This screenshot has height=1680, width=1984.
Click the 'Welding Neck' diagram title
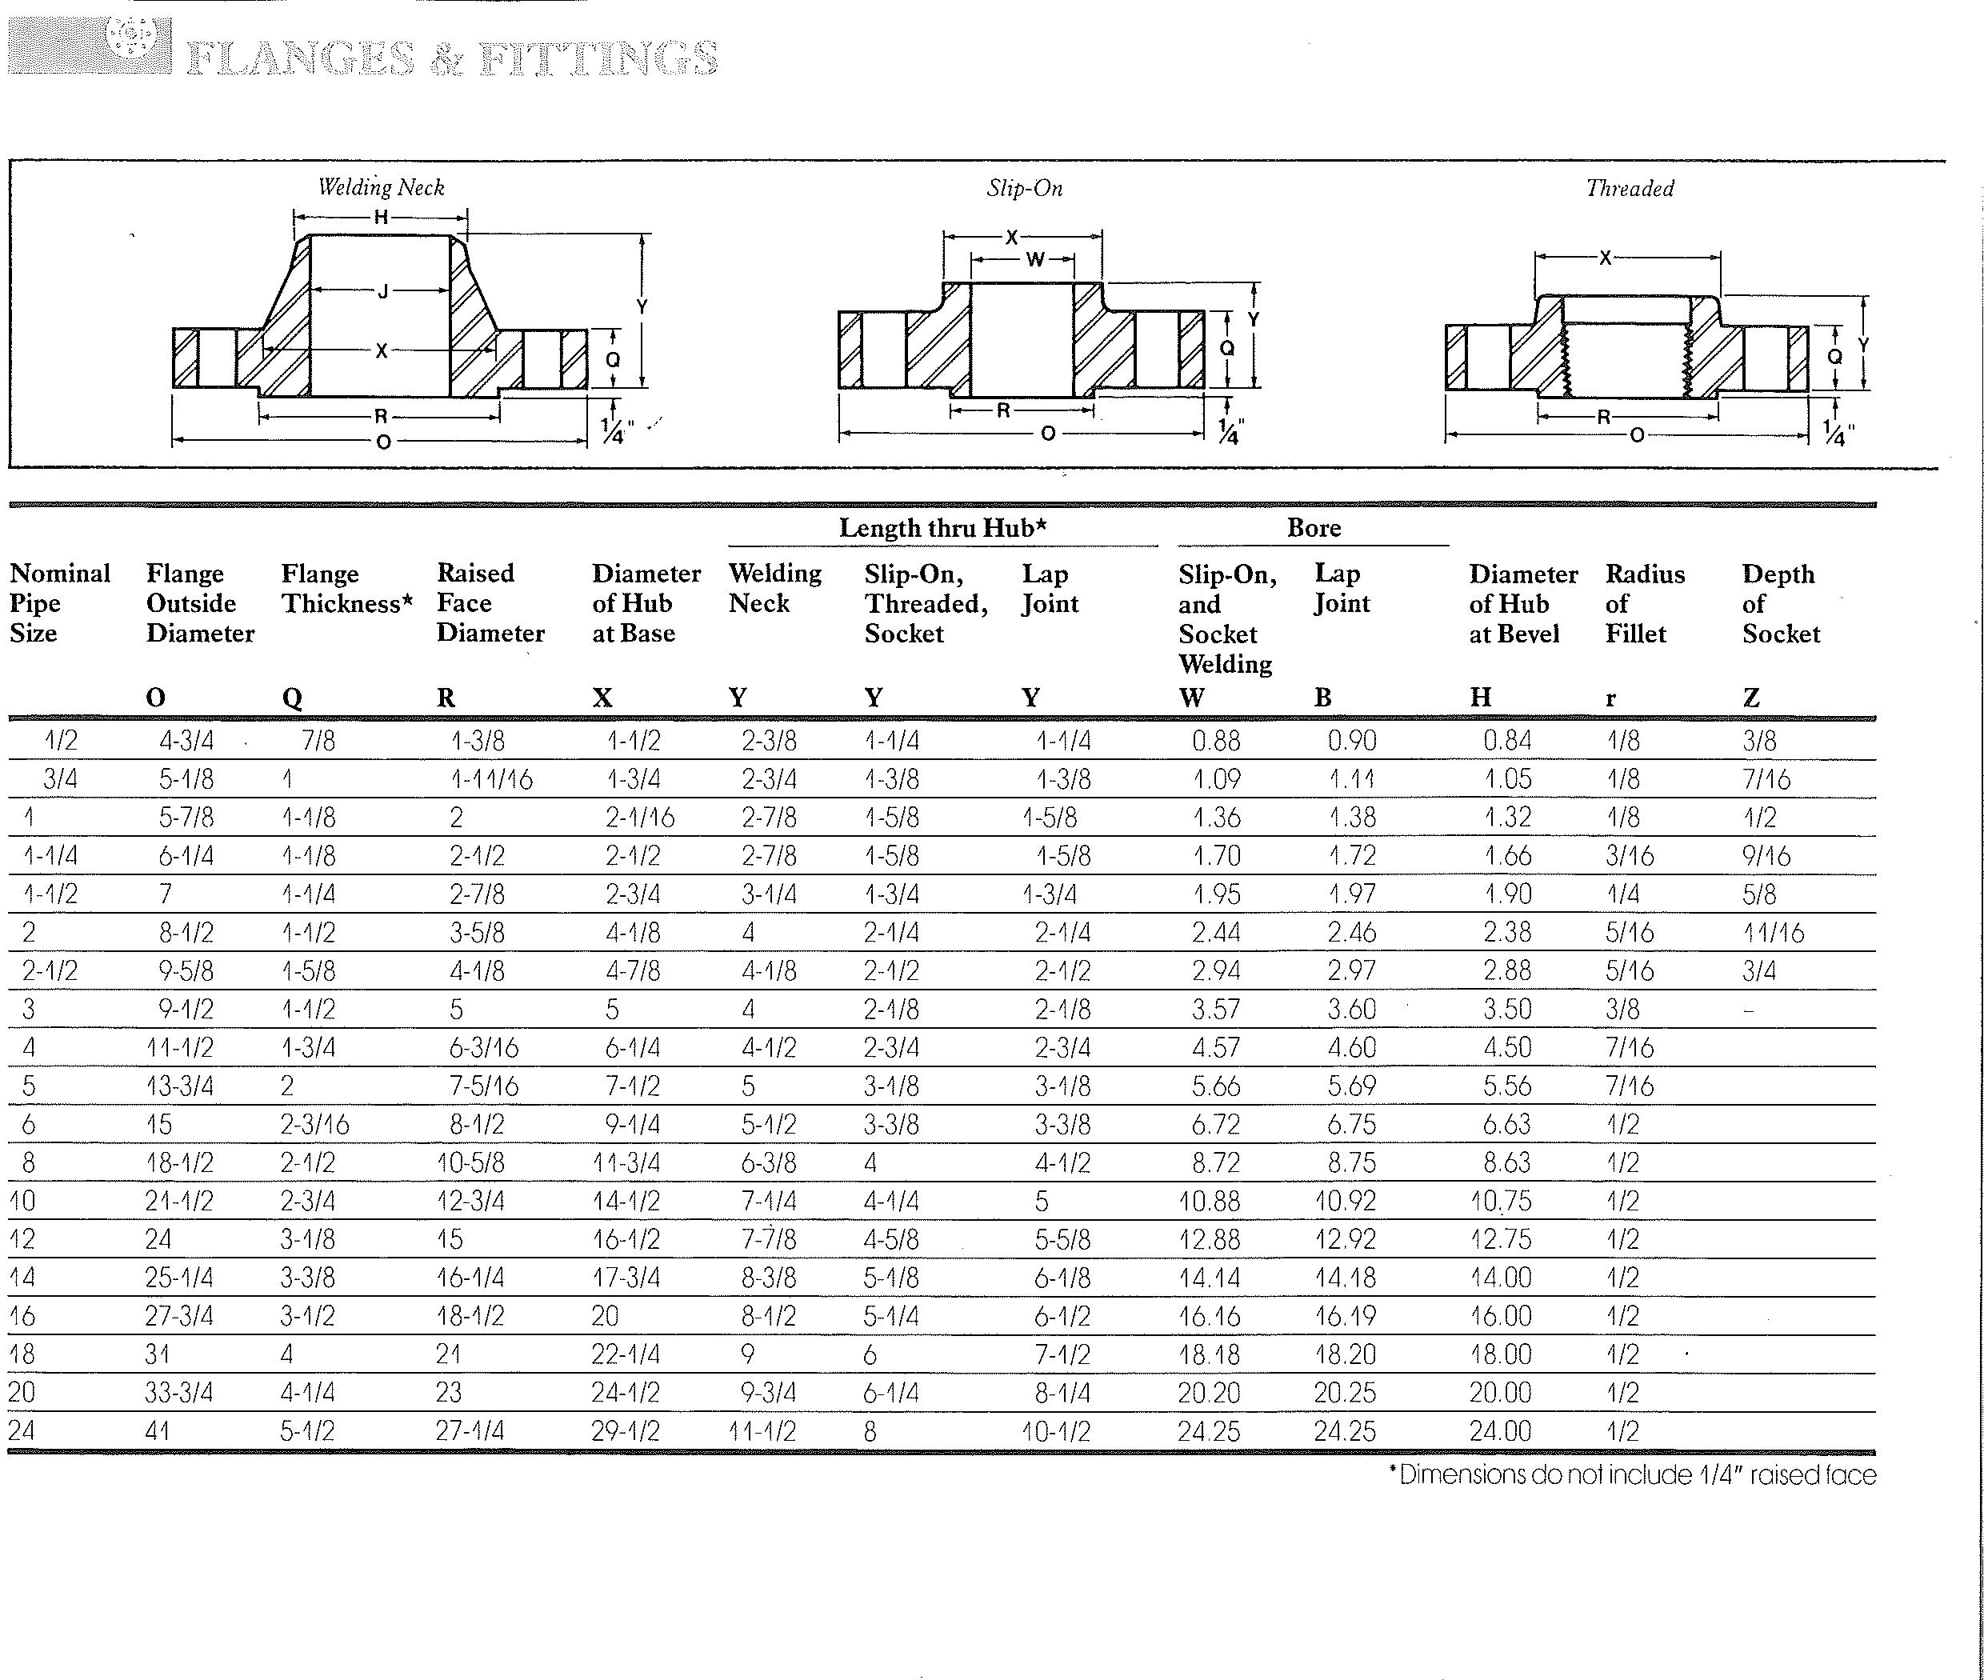click(381, 188)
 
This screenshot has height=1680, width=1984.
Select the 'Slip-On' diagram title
click(1024, 189)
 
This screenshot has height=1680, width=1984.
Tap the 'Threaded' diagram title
click(1629, 189)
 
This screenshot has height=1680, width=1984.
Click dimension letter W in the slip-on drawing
click(1035, 259)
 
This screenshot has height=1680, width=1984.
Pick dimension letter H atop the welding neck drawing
click(381, 217)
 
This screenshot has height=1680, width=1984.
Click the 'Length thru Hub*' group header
click(942, 528)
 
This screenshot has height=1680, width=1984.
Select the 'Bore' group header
click(1314, 528)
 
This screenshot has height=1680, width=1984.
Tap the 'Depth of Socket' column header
click(1780, 604)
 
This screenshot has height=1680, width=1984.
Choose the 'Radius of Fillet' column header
click(1644, 604)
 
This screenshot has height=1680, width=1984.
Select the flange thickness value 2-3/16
click(314, 1125)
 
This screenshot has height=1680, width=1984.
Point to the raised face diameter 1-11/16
click(490, 780)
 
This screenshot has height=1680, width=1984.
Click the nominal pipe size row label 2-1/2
click(50, 971)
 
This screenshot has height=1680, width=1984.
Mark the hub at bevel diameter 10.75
click(1500, 1201)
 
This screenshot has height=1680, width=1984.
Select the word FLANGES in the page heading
click(301, 58)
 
